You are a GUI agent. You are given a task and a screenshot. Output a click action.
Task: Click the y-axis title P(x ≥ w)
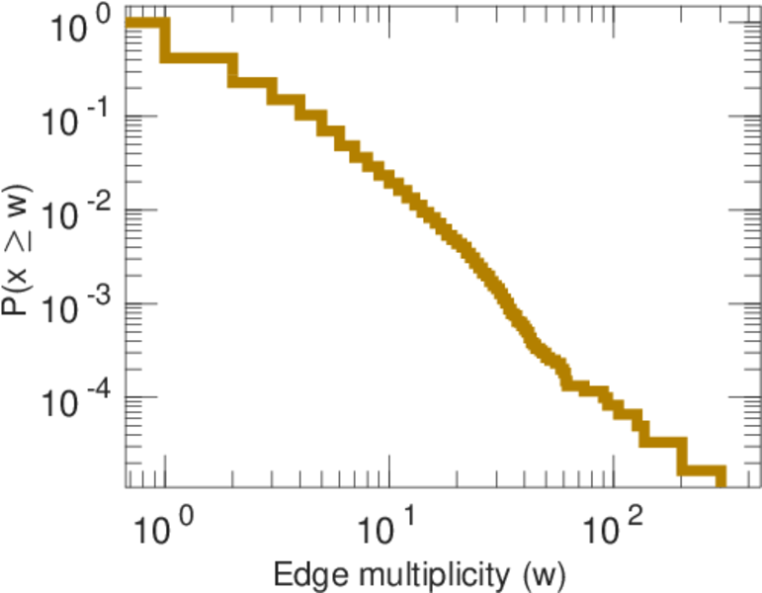[x=25, y=254]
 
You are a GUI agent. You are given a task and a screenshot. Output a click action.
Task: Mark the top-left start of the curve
[x=131, y=24]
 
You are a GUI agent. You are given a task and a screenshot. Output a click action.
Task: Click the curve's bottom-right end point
[x=720, y=480]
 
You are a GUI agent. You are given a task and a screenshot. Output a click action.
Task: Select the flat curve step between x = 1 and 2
[x=199, y=57]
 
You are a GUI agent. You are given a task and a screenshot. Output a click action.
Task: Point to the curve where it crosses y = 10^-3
[x=498, y=303]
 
